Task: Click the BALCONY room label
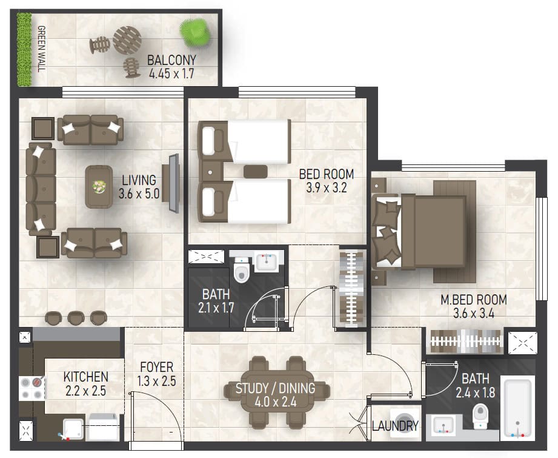pos(171,60)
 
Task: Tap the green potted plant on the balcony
pos(194,32)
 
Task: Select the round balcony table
pos(127,40)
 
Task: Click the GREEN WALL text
pos(42,49)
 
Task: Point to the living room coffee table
pos(99,186)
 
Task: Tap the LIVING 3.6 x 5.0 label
pos(139,186)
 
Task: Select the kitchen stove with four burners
pos(32,388)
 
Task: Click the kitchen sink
pos(73,429)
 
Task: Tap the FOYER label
pos(156,367)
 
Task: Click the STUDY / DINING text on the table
pos(275,388)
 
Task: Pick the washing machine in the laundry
pos(405,420)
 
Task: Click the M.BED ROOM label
pos(474,300)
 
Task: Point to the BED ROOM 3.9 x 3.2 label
pos(327,181)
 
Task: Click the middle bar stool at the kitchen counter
pos(76,318)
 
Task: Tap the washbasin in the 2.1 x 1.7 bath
pos(267,263)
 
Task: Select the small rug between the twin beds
pos(256,172)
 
